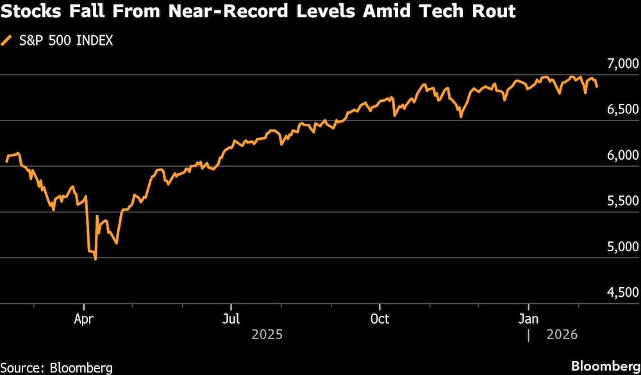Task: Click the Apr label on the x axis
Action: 84,319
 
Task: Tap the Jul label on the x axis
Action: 231,319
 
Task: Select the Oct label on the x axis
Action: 379,319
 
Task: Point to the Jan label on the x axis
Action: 529,319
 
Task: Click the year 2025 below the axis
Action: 267,335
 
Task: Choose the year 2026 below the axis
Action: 562,335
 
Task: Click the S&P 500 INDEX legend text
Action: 66,41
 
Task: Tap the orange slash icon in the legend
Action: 7,41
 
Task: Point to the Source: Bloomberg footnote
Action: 56,367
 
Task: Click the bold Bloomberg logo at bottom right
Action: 606,365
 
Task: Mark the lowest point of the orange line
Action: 96,260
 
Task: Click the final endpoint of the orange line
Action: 597,87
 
